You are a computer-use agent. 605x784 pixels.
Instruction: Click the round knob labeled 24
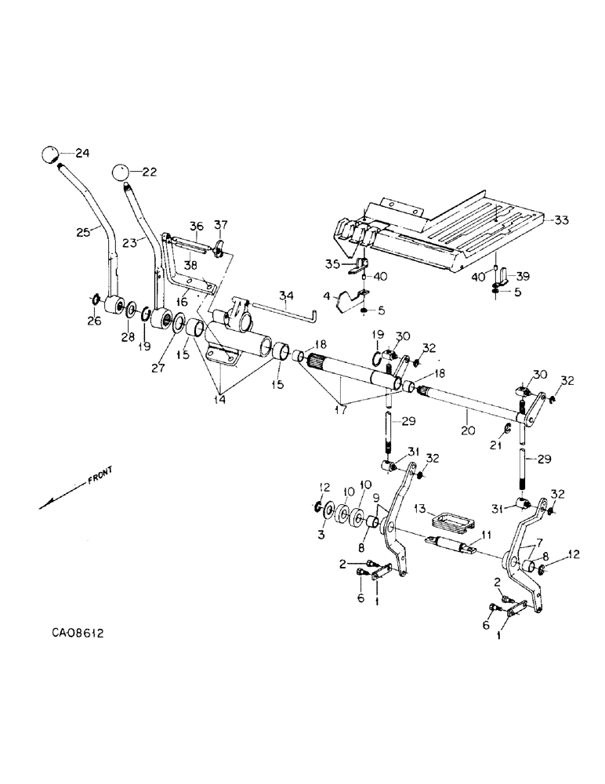[x=51, y=154]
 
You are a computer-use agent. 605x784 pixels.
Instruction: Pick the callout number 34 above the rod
[x=286, y=296]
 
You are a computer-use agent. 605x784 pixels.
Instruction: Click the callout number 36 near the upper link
[x=196, y=226]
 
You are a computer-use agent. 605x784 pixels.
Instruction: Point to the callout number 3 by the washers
[x=321, y=535]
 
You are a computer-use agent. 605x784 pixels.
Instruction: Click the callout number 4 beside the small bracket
[x=327, y=295]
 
